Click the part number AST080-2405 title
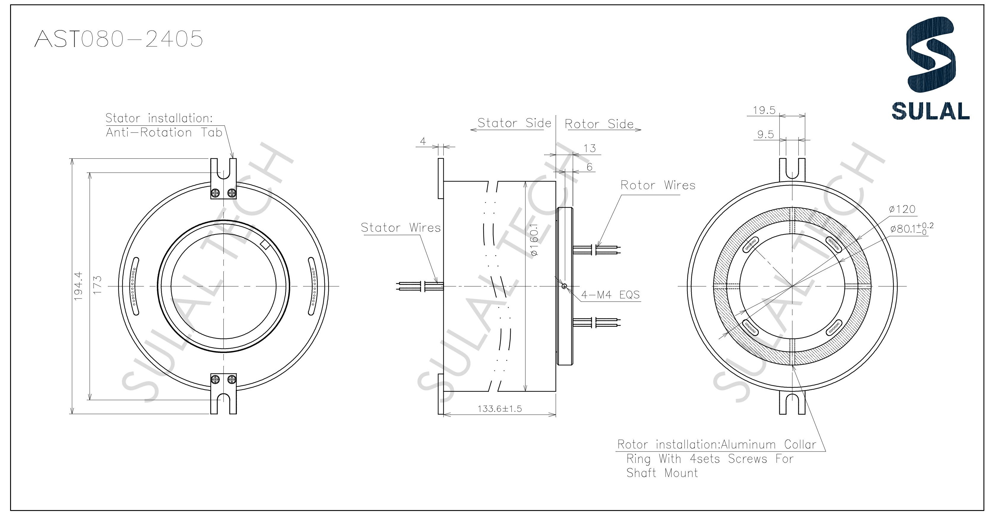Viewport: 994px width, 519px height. tap(118, 39)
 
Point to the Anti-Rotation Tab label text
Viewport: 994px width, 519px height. tap(164, 133)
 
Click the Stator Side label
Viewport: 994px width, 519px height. tap(514, 123)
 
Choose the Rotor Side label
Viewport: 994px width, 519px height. tap(599, 124)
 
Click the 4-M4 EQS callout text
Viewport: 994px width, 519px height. tap(610, 295)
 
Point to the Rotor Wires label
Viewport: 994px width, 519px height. tap(658, 186)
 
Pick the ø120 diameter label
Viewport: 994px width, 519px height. tap(902, 209)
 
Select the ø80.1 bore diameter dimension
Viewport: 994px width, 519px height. tap(911, 228)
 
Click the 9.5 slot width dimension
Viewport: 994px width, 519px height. tap(766, 135)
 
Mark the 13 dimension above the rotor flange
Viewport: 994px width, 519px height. tap(590, 149)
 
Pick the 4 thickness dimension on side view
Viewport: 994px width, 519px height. tap(423, 142)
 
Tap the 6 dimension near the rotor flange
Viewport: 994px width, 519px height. tap(589, 167)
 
